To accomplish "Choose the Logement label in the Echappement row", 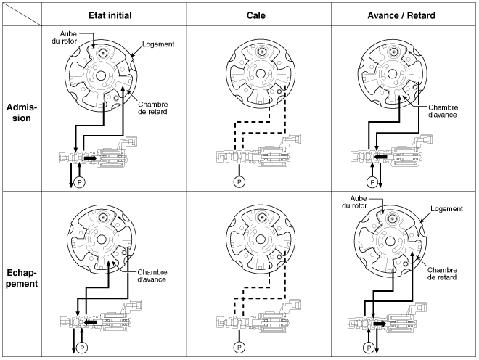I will click(x=446, y=209).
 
